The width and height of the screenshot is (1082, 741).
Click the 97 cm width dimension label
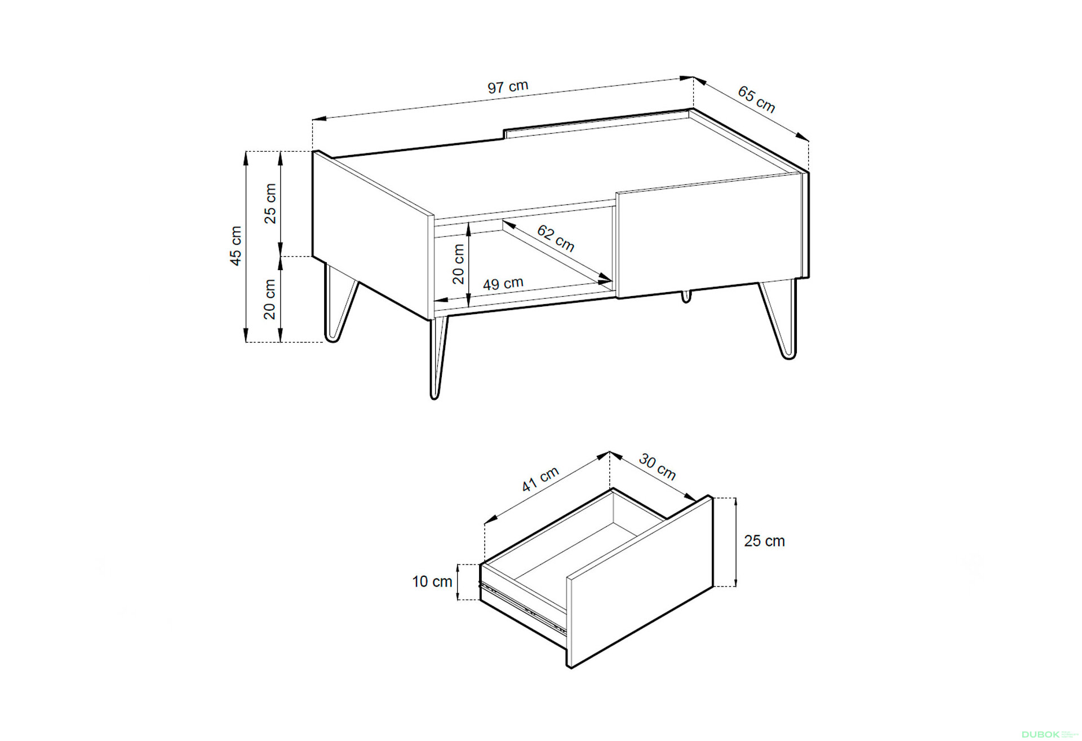(508, 87)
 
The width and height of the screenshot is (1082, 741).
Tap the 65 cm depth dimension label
(756, 99)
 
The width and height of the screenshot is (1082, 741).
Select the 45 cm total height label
(236, 246)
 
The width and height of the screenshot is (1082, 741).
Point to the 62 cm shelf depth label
(556, 238)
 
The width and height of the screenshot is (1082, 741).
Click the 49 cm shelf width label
(503, 283)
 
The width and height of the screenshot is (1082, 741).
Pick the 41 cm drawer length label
(540, 479)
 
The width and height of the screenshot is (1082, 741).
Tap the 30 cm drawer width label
(657, 467)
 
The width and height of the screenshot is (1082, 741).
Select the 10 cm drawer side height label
(432, 581)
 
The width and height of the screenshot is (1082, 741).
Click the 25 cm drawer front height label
(764, 541)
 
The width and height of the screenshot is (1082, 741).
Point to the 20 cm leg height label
(270, 299)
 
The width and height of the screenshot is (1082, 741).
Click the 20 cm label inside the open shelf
(459, 264)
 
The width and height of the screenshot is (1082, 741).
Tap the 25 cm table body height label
(270, 203)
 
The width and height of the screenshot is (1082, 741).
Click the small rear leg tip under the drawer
(686, 297)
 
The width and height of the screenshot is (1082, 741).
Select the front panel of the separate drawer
(640, 583)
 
